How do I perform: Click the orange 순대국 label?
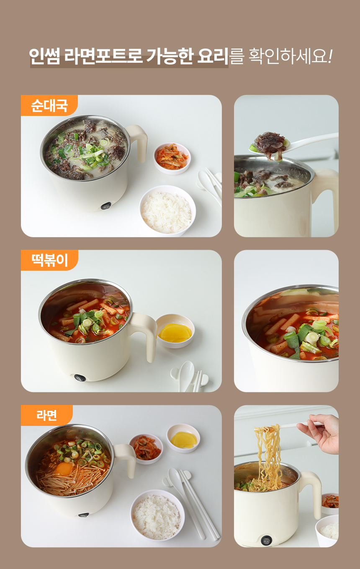[x=49, y=105]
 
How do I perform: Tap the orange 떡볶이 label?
[x=49, y=260]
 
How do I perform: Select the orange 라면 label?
[x=47, y=415]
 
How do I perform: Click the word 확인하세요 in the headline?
[x=288, y=56]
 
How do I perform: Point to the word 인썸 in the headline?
[x=44, y=56]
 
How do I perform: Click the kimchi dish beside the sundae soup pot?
[x=172, y=158]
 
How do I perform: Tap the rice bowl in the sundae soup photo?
[x=167, y=211]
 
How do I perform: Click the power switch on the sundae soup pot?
[x=106, y=206]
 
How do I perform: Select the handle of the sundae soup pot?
[x=138, y=142]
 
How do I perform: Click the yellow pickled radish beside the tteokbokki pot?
[x=175, y=333]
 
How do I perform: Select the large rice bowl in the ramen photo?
[x=157, y=515]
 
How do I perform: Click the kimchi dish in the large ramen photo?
[x=146, y=449]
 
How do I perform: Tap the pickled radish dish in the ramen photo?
[x=183, y=438]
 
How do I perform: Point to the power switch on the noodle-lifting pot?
[x=266, y=540]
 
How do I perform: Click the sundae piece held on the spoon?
[x=270, y=144]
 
